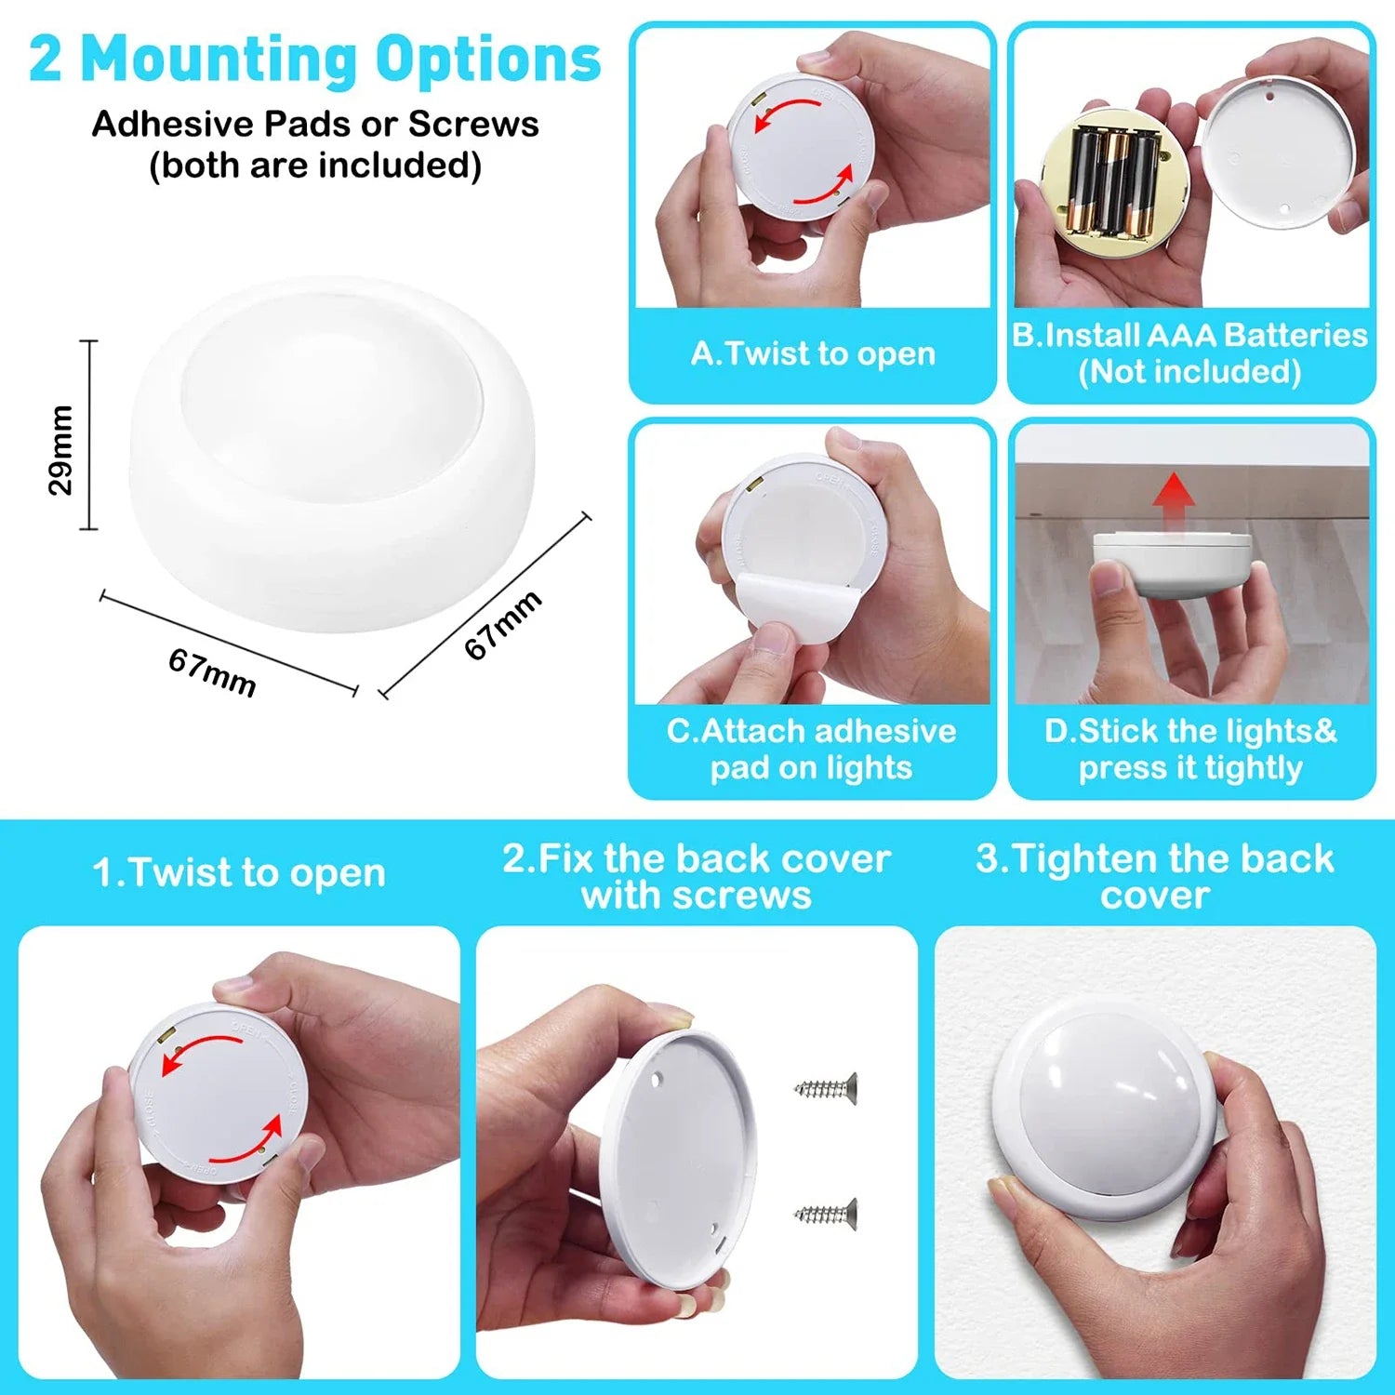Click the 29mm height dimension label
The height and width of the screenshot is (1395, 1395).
click(60, 450)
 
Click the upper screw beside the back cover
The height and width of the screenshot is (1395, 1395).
click(825, 1087)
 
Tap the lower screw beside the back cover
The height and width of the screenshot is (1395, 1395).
click(825, 1212)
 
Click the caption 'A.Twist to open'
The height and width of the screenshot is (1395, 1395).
click(813, 353)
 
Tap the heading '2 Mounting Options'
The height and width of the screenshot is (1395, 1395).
click(315, 59)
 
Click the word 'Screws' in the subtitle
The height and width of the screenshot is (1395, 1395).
click(473, 124)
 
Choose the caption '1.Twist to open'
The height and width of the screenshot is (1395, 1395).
click(239, 872)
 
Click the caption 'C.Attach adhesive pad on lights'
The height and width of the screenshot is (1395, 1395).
click(812, 750)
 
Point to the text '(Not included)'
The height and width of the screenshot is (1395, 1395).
click(1190, 372)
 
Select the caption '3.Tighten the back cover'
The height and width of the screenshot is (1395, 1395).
click(1155, 876)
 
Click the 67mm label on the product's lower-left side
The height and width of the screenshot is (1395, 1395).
click(212, 672)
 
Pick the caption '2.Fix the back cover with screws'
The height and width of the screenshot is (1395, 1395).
click(697, 876)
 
